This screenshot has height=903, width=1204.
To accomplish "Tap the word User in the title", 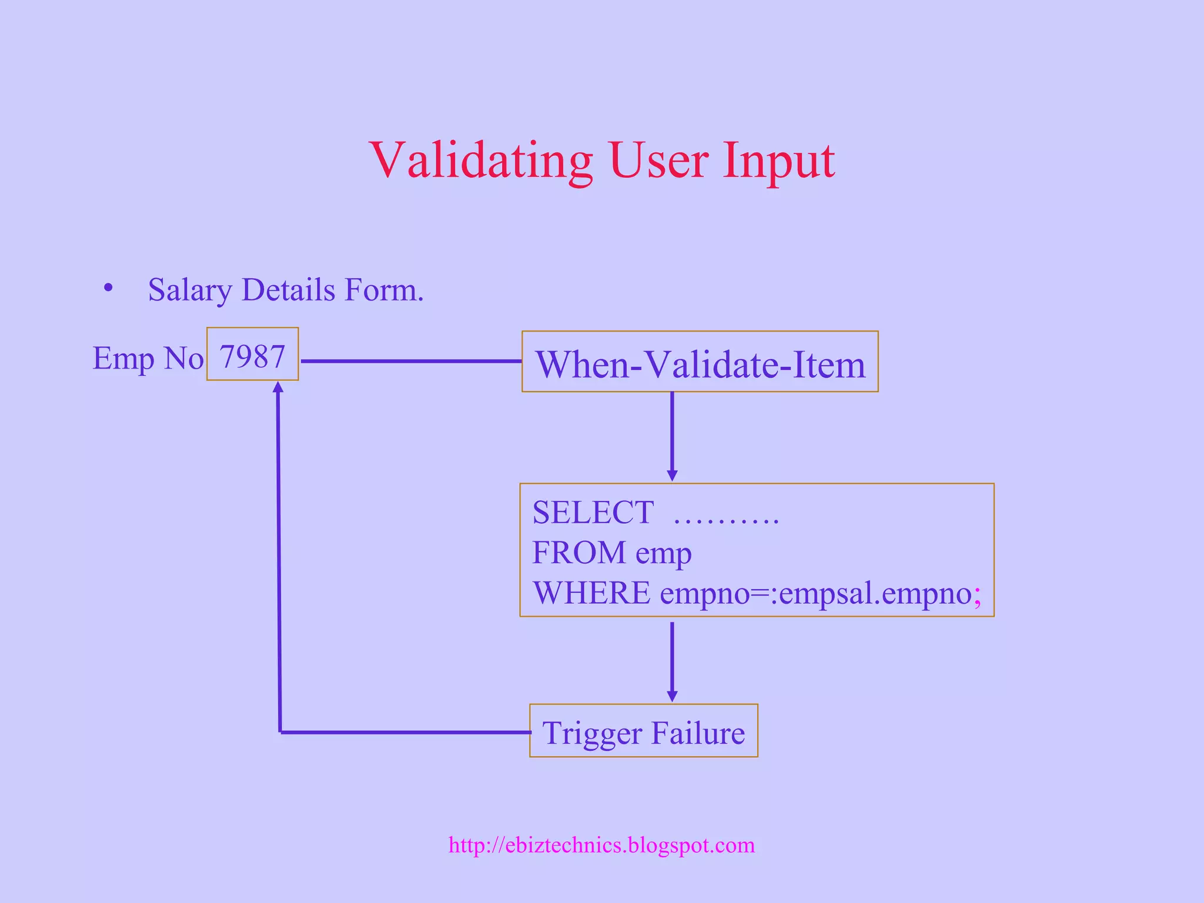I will [658, 160].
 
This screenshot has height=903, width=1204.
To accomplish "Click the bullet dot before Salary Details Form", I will [108, 288].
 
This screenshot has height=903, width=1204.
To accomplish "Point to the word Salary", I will [189, 290].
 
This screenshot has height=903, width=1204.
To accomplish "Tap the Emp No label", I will [148, 358].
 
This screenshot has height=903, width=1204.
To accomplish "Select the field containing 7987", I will [252, 354].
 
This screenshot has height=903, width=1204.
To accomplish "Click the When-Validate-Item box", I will [700, 362].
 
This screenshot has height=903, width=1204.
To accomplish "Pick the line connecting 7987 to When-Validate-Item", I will [410, 361].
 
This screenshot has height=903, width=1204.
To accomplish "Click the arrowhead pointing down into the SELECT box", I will [672, 475].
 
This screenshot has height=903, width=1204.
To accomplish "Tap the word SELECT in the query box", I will [593, 512].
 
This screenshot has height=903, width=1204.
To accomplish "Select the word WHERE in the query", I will [591, 593].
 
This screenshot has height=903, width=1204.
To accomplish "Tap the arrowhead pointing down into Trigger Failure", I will [672, 696].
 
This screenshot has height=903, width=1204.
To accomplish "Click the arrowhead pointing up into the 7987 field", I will [278, 387].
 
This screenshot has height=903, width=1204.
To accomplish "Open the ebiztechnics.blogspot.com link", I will [601, 845].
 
